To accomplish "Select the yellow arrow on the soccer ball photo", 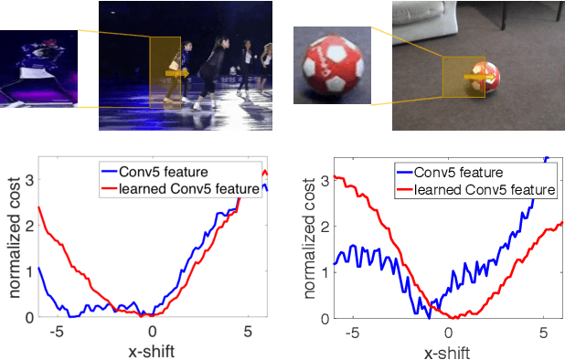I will (474, 78).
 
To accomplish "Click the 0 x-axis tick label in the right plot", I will (449, 333).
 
